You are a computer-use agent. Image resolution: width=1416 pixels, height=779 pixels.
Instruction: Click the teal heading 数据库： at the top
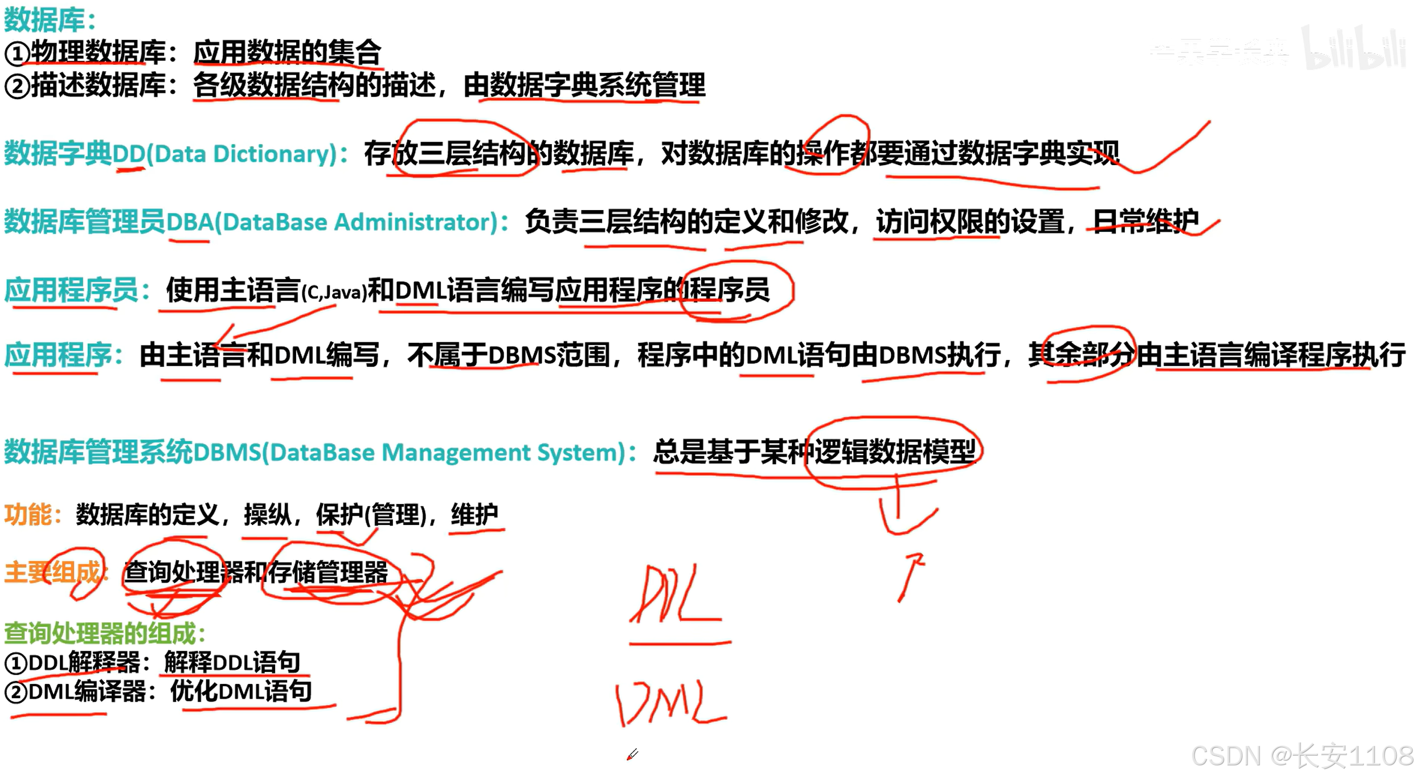(x=50, y=20)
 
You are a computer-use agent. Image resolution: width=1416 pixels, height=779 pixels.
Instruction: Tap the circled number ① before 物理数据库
(x=17, y=54)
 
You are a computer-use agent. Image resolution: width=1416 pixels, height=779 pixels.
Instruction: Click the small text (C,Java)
(x=334, y=293)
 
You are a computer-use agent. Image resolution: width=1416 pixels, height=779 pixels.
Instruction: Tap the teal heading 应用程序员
(x=71, y=290)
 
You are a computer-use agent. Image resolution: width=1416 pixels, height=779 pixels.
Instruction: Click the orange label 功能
(x=28, y=515)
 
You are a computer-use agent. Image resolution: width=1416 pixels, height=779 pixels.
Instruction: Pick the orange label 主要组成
(x=52, y=572)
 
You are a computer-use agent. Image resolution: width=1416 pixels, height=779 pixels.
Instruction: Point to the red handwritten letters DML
(x=670, y=703)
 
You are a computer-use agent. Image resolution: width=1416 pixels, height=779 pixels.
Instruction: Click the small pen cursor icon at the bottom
(x=632, y=755)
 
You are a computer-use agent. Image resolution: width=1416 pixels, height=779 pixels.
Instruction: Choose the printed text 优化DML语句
(x=241, y=692)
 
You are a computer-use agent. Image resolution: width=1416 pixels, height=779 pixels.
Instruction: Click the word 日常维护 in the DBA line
(x=1145, y=221)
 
